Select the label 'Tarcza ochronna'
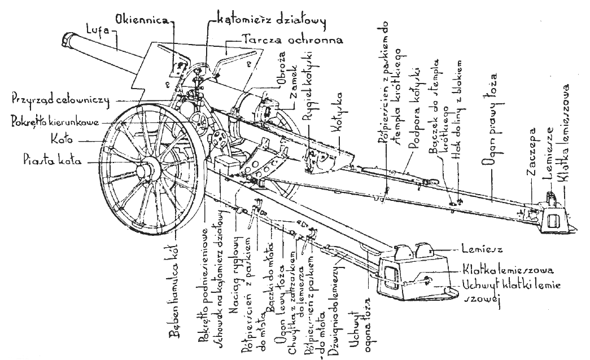pyautogui.click(x=281, y=40)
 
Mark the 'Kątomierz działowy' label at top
pyautogui.click(x=273, y=21)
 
